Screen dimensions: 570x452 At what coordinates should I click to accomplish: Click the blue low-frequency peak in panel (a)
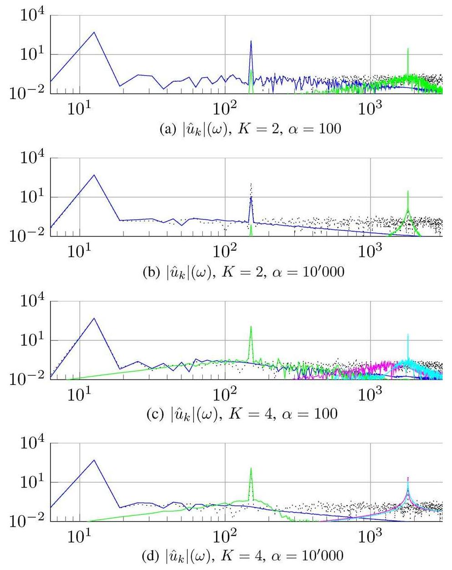tap(94, 32)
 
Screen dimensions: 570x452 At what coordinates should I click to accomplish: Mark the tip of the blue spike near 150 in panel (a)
tap(251, 41)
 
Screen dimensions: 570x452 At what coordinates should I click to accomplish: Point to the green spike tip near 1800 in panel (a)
tap(408, 48)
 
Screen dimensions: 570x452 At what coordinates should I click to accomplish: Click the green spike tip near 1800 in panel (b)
tap(408, 191)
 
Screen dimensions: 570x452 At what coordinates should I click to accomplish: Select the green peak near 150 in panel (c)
tap(251, 326)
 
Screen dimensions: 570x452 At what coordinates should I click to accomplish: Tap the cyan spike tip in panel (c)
tap(408, 334)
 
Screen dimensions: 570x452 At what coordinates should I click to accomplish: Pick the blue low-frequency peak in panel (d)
tap(94, 460)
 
